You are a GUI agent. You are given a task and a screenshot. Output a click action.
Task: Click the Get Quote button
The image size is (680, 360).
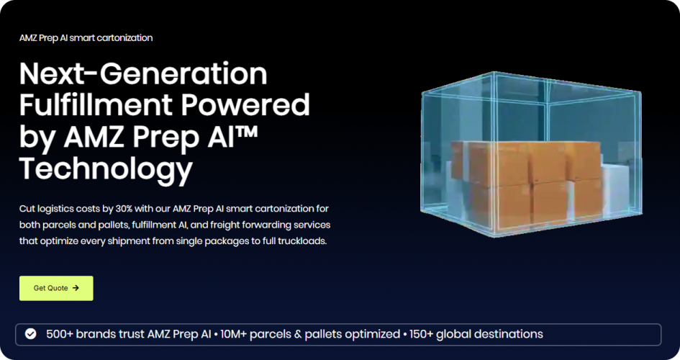click(56, 288)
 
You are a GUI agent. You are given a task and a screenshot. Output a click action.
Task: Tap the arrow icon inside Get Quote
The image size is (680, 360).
click(76, 288)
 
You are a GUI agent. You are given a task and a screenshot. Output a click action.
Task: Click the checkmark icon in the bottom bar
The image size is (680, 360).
click(30, 334)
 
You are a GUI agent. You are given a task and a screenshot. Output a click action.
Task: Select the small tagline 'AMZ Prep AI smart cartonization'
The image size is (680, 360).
click(86, 37)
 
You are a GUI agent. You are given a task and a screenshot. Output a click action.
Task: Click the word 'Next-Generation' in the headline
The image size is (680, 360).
click(143, 73)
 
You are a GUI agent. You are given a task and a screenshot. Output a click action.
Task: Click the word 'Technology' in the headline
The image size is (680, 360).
click(106, 168)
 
